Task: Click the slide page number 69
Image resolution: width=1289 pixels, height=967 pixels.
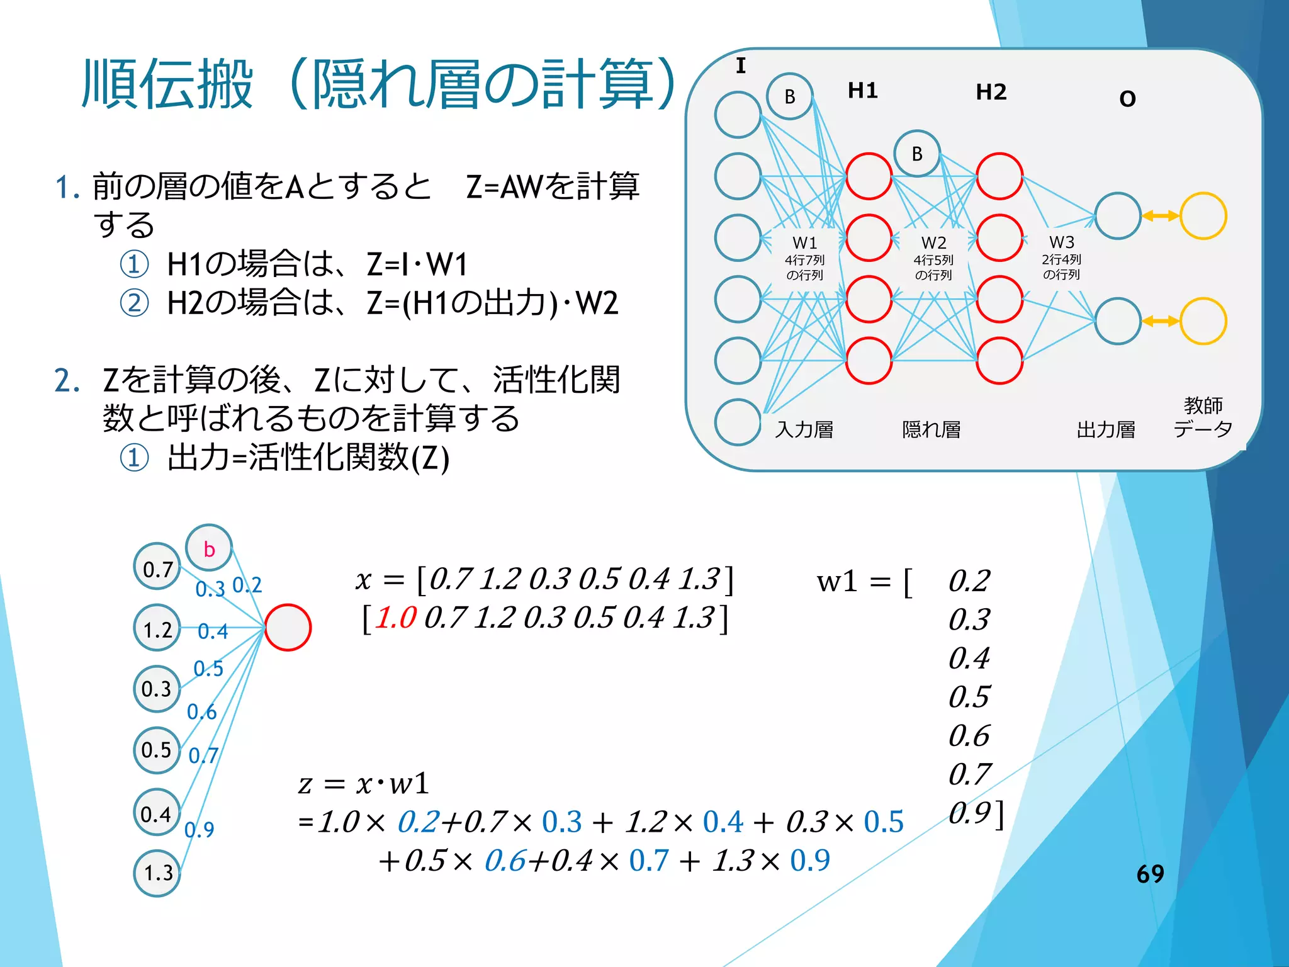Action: [x=1150, y=874]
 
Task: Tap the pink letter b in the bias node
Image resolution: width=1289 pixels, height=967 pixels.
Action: [x=209, y=550]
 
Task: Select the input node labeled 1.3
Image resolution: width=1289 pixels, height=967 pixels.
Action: [x=157, y=873]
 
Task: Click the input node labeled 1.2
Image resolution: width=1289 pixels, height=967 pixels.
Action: [x=157, y=630]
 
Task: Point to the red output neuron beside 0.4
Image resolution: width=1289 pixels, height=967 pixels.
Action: [x=288, y=628]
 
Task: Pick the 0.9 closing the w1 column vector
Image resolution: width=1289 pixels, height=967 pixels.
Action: [x=970, y=813]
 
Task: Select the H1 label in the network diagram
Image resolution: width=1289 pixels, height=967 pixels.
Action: [x=862, y=91]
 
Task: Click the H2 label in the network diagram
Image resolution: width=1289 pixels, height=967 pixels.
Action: [x=991, y=93]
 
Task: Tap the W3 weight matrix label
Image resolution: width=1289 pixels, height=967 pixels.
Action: [x=1061, y=242]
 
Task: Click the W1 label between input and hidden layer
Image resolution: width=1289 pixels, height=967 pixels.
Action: [x=804, y=243]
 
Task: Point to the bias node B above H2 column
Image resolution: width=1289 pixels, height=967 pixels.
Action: [x=917, y=154]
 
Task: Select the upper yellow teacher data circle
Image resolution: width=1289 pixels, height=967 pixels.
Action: [x=1203, y=216]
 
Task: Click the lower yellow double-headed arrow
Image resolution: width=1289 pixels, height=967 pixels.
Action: [x=1160, y=321]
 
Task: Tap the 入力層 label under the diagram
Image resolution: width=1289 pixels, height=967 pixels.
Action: [x=804, y=429]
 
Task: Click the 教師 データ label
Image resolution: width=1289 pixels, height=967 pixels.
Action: [x=1202, y=417]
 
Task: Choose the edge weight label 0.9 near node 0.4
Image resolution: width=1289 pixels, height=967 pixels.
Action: [x=200, y=829]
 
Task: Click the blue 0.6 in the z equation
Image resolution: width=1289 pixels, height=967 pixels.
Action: [x=504, y=861]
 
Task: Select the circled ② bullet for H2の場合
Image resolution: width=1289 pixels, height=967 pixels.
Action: [x=134, y=303]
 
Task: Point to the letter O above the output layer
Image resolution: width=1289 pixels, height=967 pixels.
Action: [x=1127, y=99]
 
